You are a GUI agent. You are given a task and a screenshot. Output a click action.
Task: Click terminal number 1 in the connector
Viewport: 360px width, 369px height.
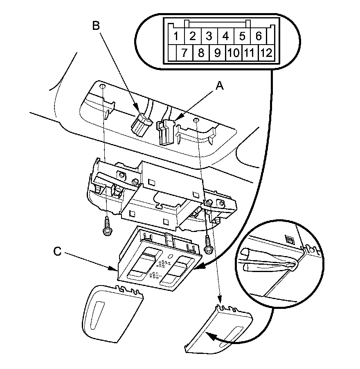coord(175,36)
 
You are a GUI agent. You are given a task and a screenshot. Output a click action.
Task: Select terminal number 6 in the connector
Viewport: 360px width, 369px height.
coord(259,36)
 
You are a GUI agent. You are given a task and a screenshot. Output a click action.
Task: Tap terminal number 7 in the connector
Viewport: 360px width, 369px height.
coord(184,53)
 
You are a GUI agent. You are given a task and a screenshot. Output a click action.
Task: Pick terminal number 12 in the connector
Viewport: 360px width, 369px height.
coord(266,53)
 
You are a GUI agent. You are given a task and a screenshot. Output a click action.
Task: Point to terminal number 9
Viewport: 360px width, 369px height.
coord(217,53)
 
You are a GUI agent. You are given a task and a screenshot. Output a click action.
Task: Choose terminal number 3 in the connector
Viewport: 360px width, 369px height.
coord(209,36)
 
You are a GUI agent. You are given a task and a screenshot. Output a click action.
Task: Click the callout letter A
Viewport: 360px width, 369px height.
coord(220,85)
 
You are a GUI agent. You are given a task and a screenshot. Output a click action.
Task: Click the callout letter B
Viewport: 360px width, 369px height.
coord(96,25)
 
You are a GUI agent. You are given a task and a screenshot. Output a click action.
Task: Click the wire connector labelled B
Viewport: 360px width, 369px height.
coord(140,124)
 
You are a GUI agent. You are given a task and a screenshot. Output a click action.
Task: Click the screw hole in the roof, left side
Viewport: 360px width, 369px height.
coord(102,88)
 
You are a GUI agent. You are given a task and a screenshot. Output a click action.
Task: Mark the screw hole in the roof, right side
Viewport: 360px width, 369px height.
coord(197,120)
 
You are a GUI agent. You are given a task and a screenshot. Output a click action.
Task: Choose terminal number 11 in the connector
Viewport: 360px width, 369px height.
coord(250,53)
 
